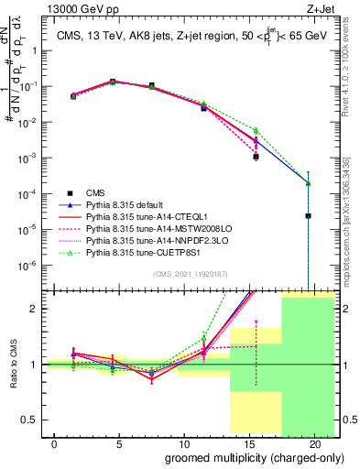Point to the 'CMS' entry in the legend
pyautogui.click(x=96, y=193)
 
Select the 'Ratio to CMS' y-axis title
pyautogui.click(x=12, y=365)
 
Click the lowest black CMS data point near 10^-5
pyautogui.click(x=309, y=215)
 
